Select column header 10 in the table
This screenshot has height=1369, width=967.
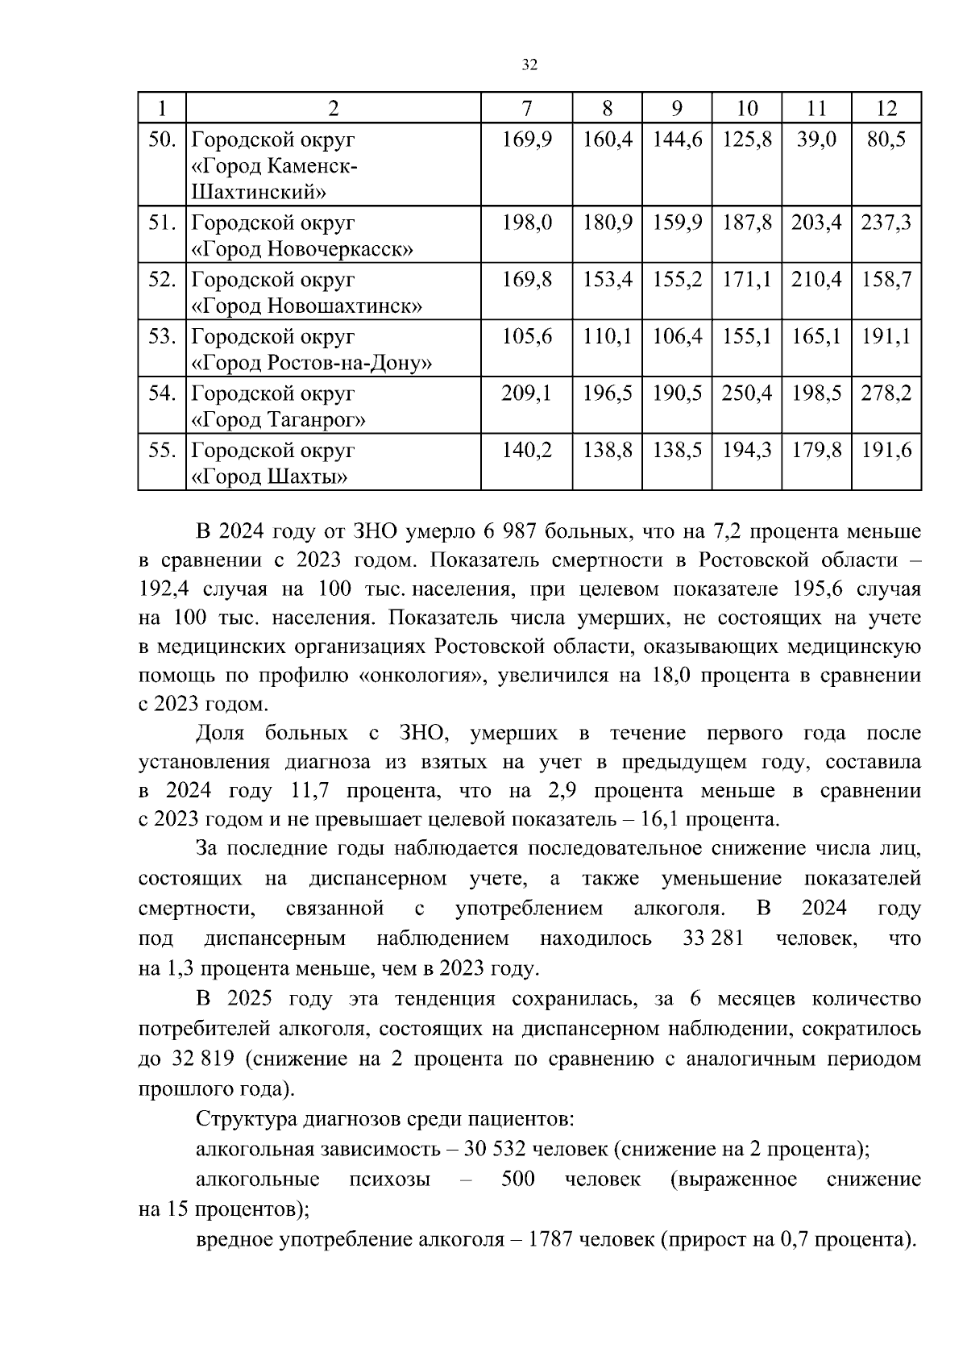(x=747, y=109)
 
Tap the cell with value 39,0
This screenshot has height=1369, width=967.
(x=816, y=140)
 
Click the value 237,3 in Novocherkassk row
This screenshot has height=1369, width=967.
(x=886, y=223)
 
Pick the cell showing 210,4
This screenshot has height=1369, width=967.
(x=816, y=280)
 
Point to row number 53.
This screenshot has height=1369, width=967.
(x=162, y=336)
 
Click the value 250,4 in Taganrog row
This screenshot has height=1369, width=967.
(x=747, y=393)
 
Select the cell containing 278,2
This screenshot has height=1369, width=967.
(x=886, y=393)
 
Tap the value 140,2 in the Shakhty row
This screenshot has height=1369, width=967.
(x=527, y=450)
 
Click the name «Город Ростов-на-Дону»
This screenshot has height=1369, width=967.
(x=312, y=364)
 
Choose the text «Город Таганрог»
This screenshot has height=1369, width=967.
(x=279, y=421)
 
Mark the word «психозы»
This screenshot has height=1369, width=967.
(x=389, y=1180)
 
